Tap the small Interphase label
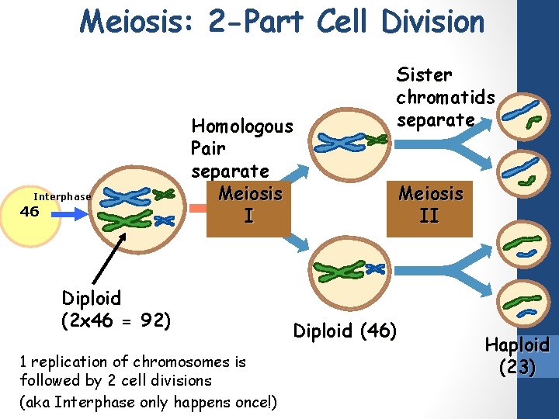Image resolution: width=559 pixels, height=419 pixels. (61, 197)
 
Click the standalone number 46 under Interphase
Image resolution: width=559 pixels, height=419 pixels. (29, 211)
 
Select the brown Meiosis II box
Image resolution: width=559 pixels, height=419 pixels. (429, 204)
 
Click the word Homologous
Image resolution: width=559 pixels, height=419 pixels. (242, 126)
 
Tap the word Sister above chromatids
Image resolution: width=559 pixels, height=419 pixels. (424, 75)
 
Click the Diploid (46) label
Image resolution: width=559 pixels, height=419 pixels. (345, 331)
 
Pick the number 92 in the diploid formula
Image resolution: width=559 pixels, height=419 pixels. (155, 319)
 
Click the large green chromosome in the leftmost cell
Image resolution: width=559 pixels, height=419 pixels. (127, 221)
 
